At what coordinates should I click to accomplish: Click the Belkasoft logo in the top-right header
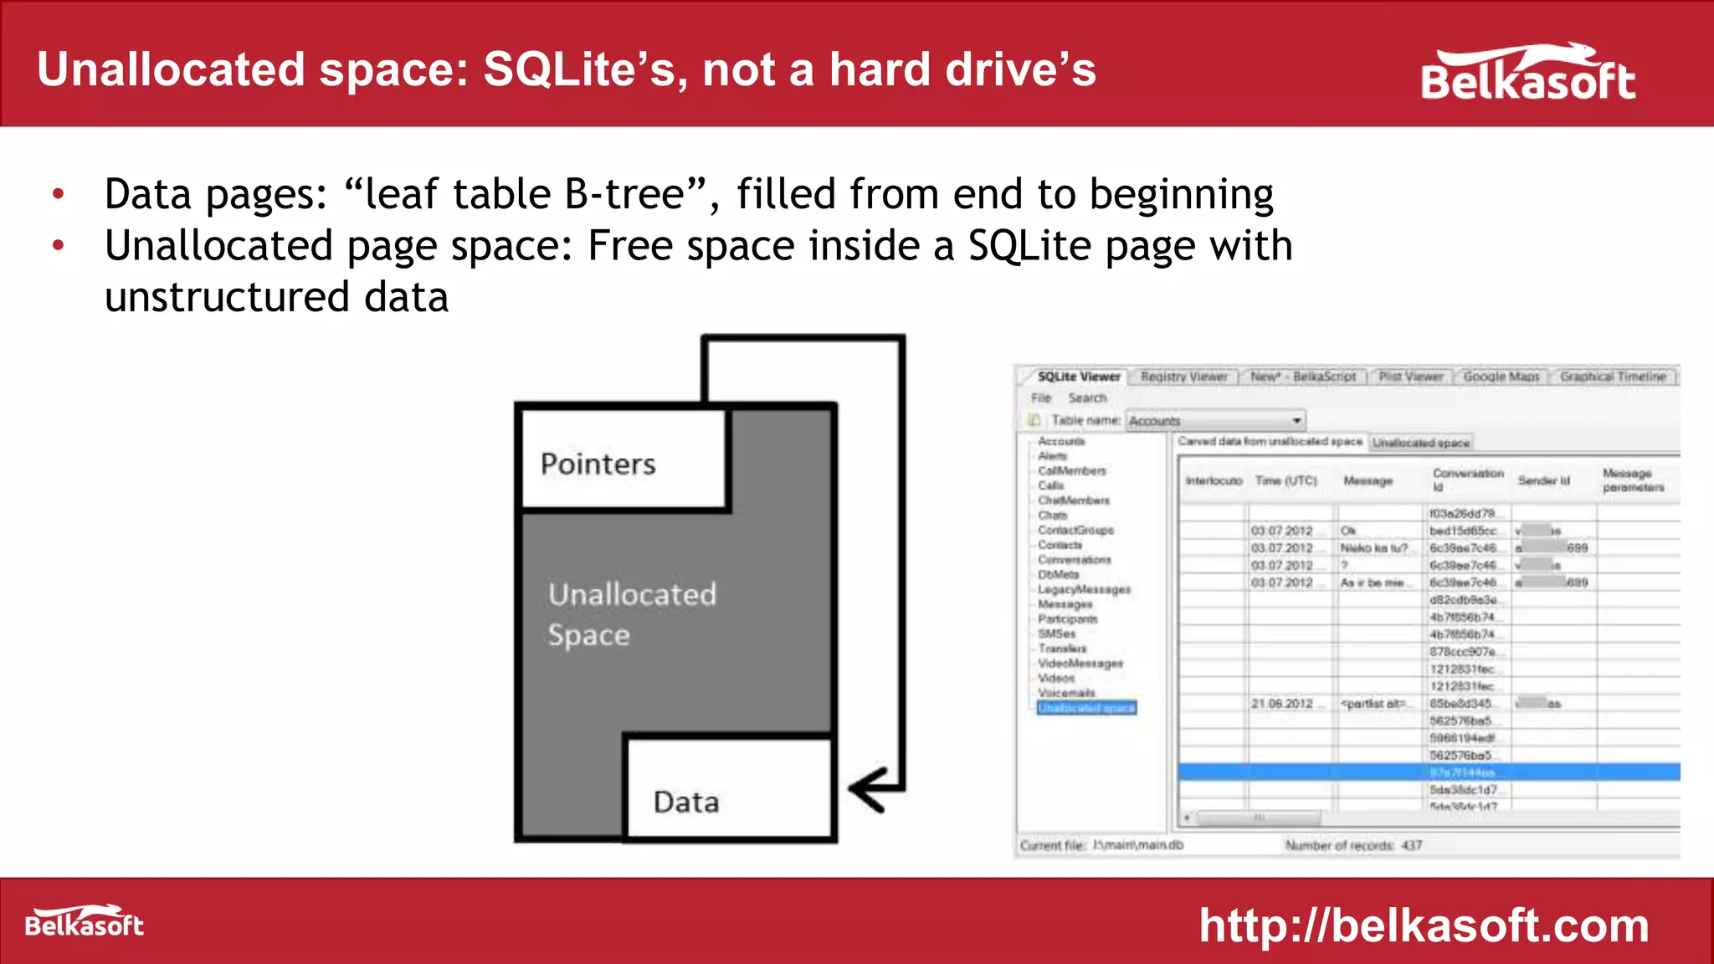[1527, 74]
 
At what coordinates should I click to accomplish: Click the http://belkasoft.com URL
[1424, 926]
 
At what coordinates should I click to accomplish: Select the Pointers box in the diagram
[624, 462]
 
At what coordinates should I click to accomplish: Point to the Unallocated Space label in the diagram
[632, 614]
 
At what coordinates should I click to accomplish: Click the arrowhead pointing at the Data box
[866, 788]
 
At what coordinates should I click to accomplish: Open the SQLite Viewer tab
[1078, 377]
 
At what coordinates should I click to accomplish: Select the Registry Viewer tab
[1183, 377]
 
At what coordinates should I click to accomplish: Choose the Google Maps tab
[1501, 377]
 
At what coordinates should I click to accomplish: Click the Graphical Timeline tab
[1613, 377]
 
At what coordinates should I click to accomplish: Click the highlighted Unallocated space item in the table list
[1086, 708]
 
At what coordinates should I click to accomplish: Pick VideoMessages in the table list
[1080, 664]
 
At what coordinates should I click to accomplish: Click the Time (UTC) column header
[1285, 480]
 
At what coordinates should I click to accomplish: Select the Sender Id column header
[1543, 480]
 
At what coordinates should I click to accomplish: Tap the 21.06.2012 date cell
[1281, 704]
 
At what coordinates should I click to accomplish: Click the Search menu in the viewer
[1087, 398]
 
